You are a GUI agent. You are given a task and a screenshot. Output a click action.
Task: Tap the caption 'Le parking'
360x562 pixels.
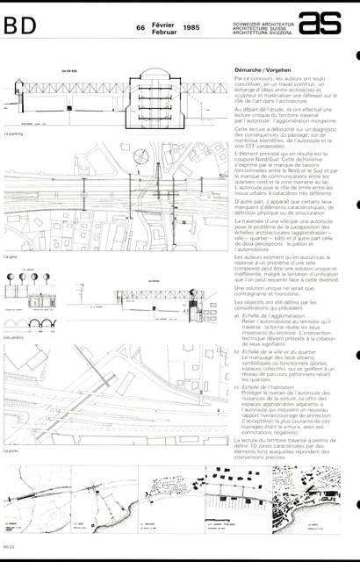(x=12, y=135)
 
